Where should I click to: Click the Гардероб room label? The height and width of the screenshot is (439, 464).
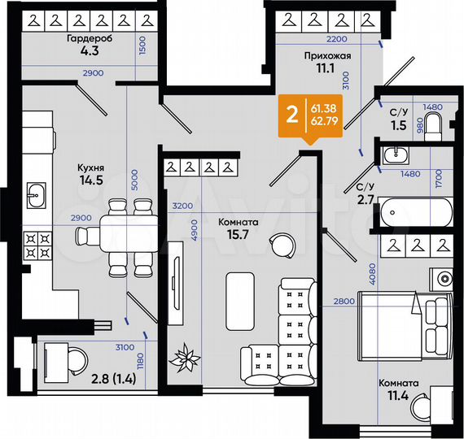(x=85, y=39)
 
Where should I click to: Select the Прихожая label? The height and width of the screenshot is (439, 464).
(x=327, y=55)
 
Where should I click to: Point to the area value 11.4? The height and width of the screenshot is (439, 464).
(x=398, y=398)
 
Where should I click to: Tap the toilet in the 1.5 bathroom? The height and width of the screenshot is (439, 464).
(x=433, y=124)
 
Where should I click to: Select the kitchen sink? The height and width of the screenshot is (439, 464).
(x=37, y=194)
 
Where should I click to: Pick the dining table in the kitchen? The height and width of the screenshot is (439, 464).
(x=120, y=235)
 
